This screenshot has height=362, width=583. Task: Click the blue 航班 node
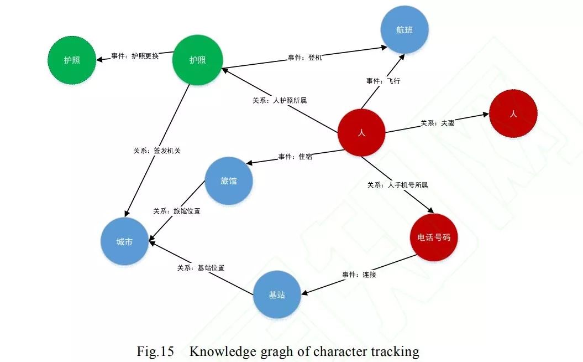[x=405, y=30]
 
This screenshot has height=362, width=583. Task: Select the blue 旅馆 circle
[x=229, y=181]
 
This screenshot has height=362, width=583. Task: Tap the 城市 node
[x=124, y=242]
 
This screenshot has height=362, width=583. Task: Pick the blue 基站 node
[x=277, y=295]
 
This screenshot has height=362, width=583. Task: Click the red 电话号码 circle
[x=434, y=237]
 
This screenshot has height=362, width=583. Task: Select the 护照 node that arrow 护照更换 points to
[x=72, y=60]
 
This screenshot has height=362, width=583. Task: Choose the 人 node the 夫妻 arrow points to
[x=513, y=113]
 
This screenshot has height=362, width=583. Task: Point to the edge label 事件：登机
[x=304, y=57]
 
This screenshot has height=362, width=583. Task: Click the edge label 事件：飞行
[x=383, y=81]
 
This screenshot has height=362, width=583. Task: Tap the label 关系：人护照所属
[x=280, y=101]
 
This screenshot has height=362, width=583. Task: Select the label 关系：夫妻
[x=438, y=123]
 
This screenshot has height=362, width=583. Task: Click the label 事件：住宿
[x=295, y=157]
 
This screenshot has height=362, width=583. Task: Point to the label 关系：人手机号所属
[x=397, y=185]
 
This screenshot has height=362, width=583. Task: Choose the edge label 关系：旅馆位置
[x=176, y=211]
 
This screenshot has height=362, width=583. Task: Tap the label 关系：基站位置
[x=201, y=267]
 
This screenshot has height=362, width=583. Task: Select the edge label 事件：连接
[x=359, y=274]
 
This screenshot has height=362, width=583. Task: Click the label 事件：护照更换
[x=135, y=56]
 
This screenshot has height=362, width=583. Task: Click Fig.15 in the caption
[x=155, y=351]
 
